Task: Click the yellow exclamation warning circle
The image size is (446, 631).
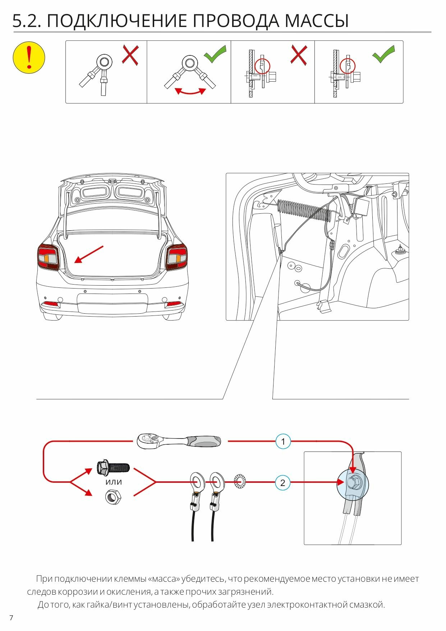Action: coord(29,58)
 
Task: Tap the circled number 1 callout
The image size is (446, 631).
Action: coord(283,441)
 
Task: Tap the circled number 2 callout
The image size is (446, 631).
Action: coord(282,483)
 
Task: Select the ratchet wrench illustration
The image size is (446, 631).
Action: coord(179,441)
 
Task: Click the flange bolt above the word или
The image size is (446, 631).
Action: coord(113,467)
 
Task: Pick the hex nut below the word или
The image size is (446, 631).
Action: coord(113,497)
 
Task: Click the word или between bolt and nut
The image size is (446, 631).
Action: coord(114,482)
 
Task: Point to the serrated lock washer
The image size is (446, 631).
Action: coord(240,482)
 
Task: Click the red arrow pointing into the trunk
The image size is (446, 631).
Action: coord(89,254)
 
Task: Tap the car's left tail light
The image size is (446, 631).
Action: coord(48,257)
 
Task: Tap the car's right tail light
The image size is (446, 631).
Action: coord(176,257)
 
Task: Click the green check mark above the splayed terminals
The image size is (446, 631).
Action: coord(215,54)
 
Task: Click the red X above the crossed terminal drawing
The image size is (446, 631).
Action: coord(130,55)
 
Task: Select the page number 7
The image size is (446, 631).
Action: coord(11,618)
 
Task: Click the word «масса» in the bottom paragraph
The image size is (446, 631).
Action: coord(164,579)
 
